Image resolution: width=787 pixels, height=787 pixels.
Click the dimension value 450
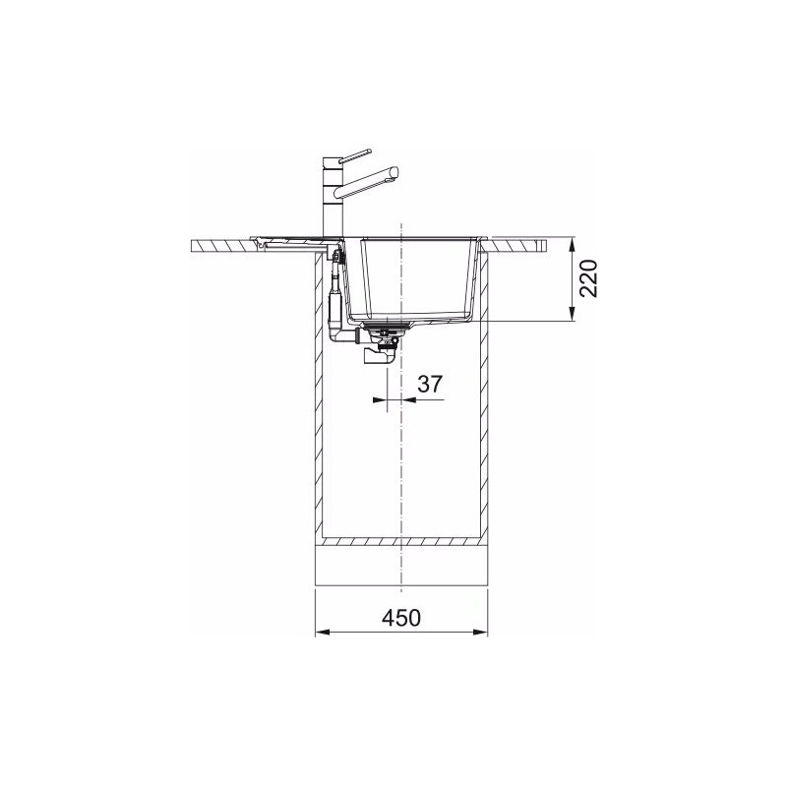(401, 618)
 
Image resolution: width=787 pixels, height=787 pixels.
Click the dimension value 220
(588, 278)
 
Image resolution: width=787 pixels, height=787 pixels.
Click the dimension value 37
(430, 385)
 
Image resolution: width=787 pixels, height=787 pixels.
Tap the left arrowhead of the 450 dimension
(323, 632)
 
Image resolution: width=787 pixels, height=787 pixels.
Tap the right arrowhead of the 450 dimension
(480, 632)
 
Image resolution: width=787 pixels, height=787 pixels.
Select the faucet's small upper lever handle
(355, 155)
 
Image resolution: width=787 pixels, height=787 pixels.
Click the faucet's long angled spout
(366, 183)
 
